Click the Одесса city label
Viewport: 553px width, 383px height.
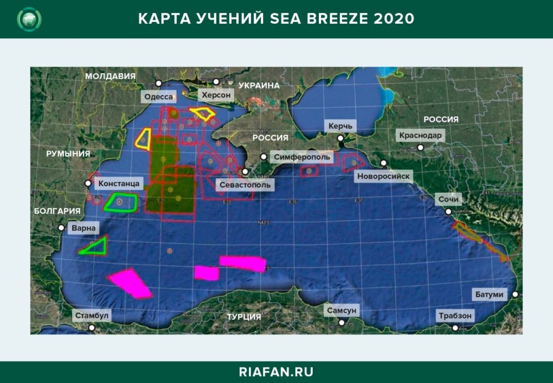click(159, 97)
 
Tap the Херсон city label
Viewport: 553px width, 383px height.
click(216, 95)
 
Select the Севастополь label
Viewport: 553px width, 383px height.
click(245, 184)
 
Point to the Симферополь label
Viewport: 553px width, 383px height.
click(302, 157)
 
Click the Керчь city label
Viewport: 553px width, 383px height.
click(339, 126)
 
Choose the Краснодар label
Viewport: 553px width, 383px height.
click(421, 135)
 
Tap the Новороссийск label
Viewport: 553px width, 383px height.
click(384, 177)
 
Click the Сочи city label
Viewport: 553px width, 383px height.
click(449, 199)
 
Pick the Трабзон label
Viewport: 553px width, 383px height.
click(455, 316)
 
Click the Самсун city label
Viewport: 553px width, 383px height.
click(341, 311)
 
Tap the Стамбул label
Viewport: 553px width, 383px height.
click(91, 316)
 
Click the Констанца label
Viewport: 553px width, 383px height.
click(119, 183)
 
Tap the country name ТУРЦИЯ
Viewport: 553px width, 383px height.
click(244, 317)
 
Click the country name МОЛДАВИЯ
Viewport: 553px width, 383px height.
click(110, 76)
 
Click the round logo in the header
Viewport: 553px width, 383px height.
click(29, 19)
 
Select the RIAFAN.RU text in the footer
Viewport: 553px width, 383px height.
click(276, 372)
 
